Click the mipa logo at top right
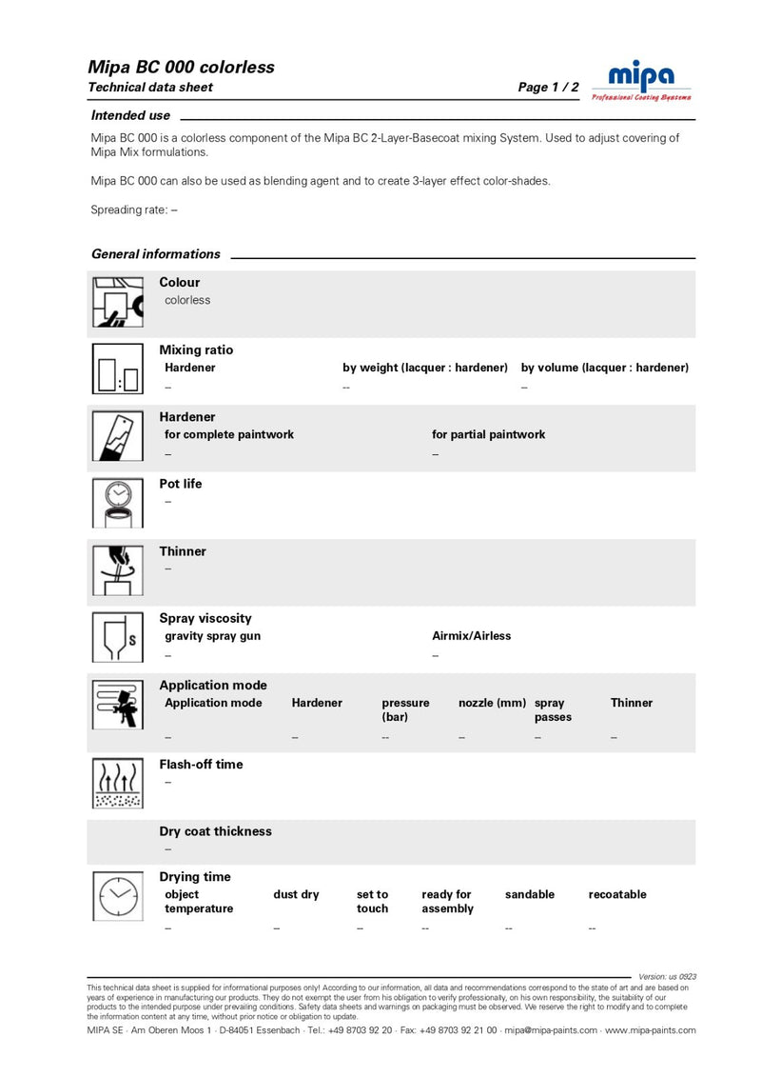[x=641, y=78]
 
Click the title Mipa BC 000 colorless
[x=181, y=67]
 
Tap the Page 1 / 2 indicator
[x=548, y=88]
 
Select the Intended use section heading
[x=130, y=115]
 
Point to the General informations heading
[x=155, y=254]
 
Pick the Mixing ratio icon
[x=117, y=369]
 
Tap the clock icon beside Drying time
[x=117, y=894]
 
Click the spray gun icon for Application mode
[x=117, y=707]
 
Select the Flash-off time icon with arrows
[x=117, y=783]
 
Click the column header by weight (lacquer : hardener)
[x=425, y=368]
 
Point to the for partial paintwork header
[x=489, y=434]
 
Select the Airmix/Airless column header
[x=472, y=636]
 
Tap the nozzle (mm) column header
[x=492, y=703]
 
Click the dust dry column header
[x=297, y=894]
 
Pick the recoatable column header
[x=617, y=894]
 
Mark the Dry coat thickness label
[x=215, y=831]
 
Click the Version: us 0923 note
[x=668, y=977]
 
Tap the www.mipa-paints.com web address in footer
[x=651, y=1030]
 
